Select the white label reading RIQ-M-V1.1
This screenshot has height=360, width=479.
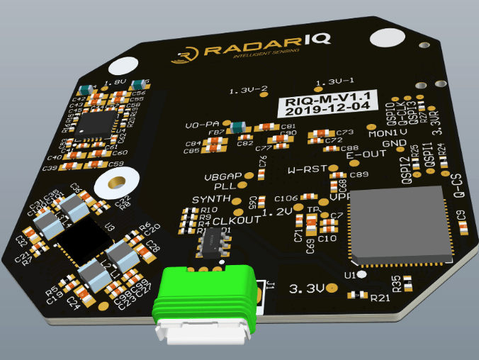pos(327,103)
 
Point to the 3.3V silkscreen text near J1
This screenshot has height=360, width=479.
pos(306,288)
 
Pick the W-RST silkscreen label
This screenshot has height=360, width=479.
pos(307,170)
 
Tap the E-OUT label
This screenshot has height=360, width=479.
pos(366,154)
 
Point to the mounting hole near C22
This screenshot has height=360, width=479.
pos(111,185)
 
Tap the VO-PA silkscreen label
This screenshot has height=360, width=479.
pos(201,125)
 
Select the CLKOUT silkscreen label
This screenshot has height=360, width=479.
pos(237,220)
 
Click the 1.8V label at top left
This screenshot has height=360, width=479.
pos(115,83)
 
